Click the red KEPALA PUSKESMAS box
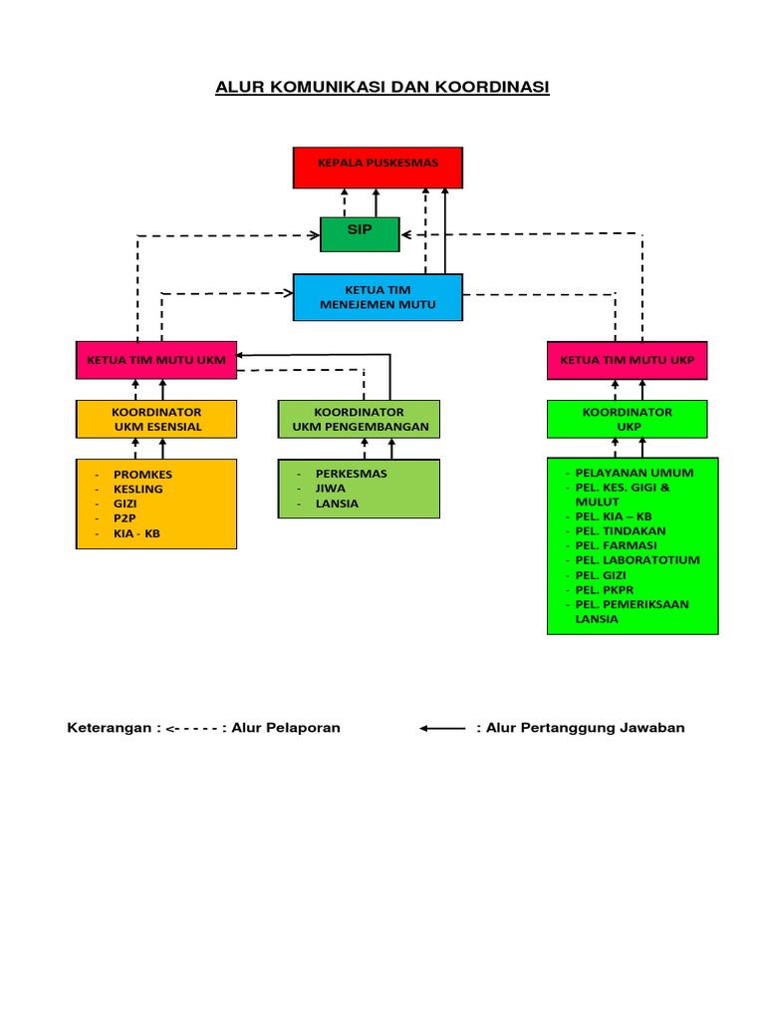tap(378, 167)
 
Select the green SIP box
tap(360, 233)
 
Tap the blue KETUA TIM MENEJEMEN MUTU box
tap(378, 297)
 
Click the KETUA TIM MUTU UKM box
tap(156, 360)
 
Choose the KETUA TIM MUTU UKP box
tap(628, 360)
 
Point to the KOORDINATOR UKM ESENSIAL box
tap(156, 419)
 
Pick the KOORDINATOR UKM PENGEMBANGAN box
tap(359, 419)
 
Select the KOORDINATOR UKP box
tap(628, 419)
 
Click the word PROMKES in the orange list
tap(143, 475)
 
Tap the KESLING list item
tap(138, 490)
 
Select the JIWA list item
tap(330, 489)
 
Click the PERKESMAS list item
tap(351, 474)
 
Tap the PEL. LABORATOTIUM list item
tap(637, 560)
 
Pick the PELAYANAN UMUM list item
tap(635, 473)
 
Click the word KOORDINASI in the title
tap(488, 88)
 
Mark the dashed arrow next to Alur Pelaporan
tap(195, 729)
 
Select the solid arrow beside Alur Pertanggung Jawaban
tap(443, 729)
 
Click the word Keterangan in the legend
tap(109, 728)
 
